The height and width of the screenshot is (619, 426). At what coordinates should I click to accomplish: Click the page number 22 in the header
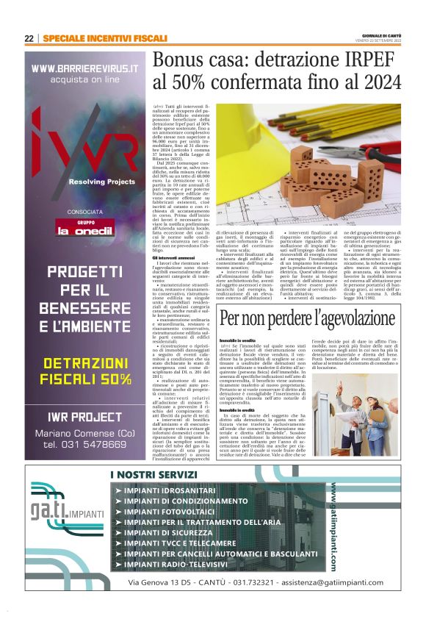coord(29,38)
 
